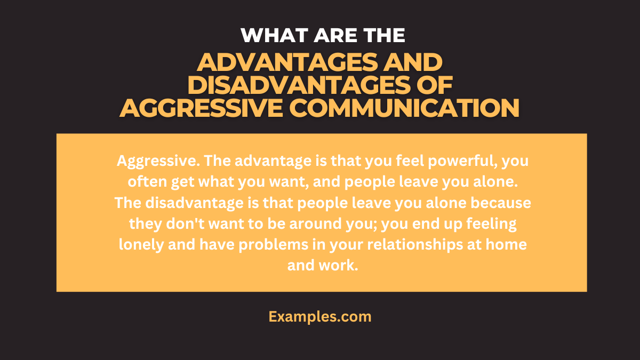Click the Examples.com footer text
(320, 316)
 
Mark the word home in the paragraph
(507, 245)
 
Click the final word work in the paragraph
(338, 266)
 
